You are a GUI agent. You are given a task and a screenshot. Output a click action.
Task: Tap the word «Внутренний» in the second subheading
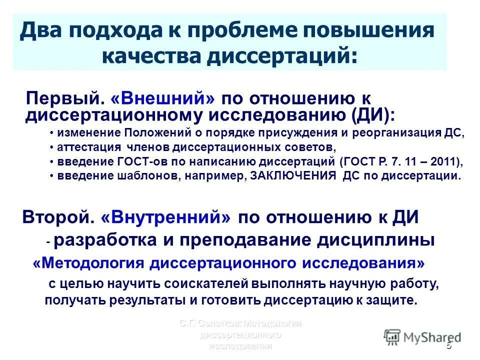(167, 217)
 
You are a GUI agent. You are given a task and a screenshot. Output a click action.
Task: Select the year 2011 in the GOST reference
(444, 161)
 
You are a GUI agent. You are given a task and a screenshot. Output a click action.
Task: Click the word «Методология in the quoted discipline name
(89, 263)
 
